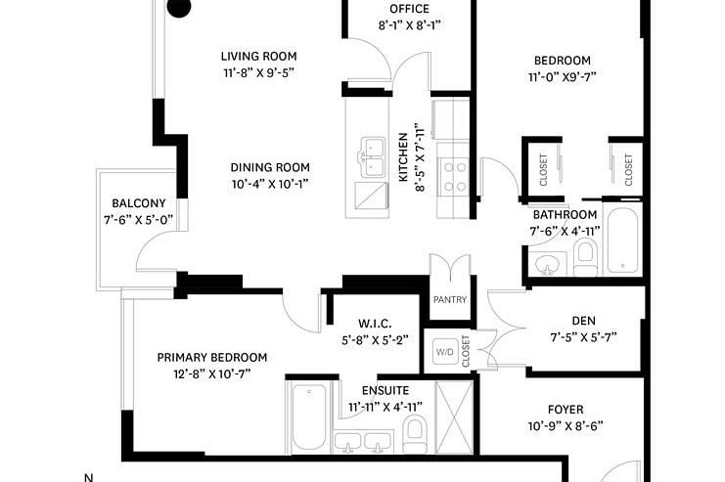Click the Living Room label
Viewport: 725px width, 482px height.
click(x=258, y=57)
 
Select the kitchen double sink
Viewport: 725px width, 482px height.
click(x=373, y=156)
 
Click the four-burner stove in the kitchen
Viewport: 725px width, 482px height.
click(x=455, y=176)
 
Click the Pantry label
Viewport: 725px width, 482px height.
click(x=449, y=299)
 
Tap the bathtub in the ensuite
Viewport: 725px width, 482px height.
click(x=308, y=415)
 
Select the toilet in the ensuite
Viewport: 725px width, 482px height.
click(x=416, y=430)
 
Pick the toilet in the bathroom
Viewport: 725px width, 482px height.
click(x=585, y=256)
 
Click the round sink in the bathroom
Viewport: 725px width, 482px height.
click(x=546, y=263)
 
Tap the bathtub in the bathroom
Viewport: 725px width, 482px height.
click(x=623, y=241)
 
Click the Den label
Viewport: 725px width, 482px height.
click(x=583, y=320)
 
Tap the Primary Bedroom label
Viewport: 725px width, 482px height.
click(x=211, y=357)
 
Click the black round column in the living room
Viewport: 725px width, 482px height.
click(x=178, y=8)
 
